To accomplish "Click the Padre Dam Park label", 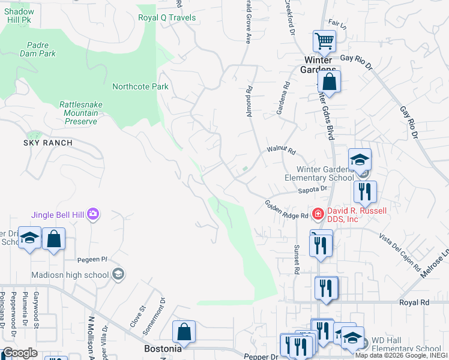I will point(41,49).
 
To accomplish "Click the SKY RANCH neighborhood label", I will point(48,143).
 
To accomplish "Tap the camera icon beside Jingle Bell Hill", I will point(93,214).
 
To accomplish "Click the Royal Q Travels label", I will point(167,17).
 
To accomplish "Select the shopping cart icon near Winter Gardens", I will point(324,41).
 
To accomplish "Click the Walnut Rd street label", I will point(282,150).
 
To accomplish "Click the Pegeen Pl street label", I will point(92,259).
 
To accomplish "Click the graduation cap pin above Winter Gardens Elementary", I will point(360,160).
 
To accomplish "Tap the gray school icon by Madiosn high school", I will point(118,274).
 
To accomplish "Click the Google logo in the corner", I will point(20,353).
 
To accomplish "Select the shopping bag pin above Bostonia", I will point(184,331).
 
